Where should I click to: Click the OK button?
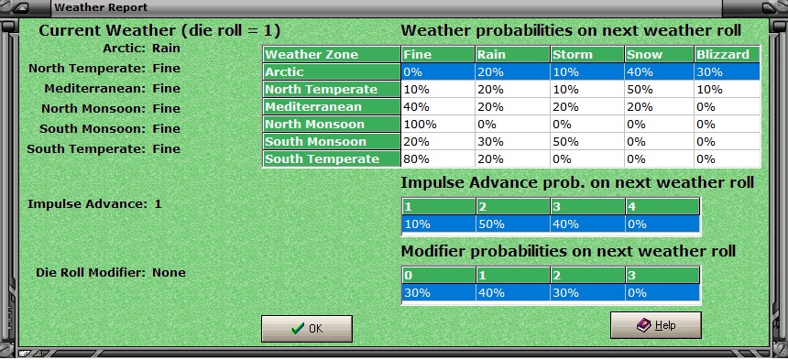point(306,329)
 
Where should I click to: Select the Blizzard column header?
point(728,55)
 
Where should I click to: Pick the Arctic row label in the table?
point(332,72)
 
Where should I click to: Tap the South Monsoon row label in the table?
point(332,142)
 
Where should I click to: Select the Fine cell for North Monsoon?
point(438,125)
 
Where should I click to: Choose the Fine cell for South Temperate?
point(438,159)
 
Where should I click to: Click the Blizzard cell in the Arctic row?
point(728,72)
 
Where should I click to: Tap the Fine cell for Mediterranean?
point(438,107)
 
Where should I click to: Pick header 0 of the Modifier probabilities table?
point(438,276)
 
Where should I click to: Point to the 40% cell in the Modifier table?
point(511,293)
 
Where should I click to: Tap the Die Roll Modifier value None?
point(169,272)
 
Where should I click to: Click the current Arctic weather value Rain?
point(166,47)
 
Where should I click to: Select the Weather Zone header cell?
point(332,55)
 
